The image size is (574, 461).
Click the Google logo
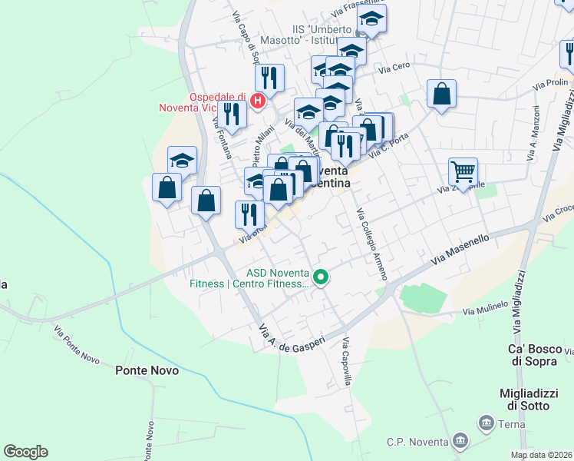[x=25, y=452]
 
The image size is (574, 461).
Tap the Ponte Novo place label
[x=147, y=370]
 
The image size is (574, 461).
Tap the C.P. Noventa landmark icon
[x=460, y=440]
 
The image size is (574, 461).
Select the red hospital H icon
[x=259, y=99]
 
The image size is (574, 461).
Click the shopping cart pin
[x=463, y=171]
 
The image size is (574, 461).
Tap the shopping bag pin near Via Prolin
[x=442, y=94]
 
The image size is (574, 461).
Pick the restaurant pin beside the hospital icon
[x=269, y=77]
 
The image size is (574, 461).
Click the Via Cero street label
[x=395, y=69]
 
